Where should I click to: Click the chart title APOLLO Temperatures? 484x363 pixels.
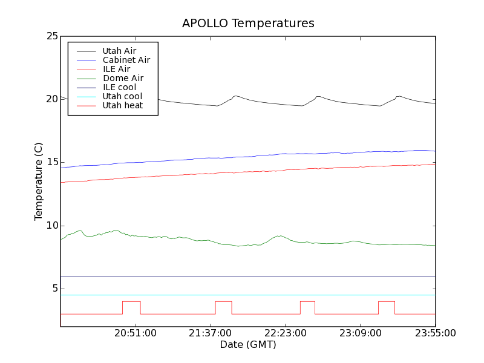(x=248, y=24)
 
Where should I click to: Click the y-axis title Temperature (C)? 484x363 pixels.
(x=39, y=181)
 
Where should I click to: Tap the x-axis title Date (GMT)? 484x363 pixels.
(x=248, y=345)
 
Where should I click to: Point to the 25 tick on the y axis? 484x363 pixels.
(x=51, y=36)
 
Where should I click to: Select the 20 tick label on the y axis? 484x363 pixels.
(x=51, y=99)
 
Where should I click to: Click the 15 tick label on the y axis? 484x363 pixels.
(x=51, y=162)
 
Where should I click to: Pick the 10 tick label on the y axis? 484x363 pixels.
(x=51, y=226)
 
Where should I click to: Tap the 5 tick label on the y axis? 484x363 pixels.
(x=54, y=289)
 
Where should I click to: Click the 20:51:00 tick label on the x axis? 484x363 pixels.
(x=136, y=333)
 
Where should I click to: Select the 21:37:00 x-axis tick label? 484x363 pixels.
(x=211, y=333)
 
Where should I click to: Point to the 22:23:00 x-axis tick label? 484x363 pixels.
(x=286, y=333)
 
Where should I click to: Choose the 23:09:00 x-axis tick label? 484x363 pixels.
(x=361, y=333)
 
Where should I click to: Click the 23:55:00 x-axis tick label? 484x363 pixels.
(x=435, y=333)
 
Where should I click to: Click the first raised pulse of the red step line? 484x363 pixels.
(x=131, y=301)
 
